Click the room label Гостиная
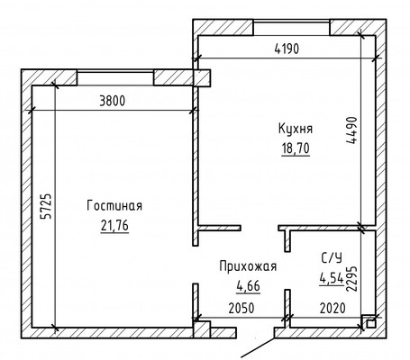click(x=114, y=206)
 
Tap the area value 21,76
click(x=114, y=226)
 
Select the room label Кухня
click(x=296, y=129)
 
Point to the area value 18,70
click(x=296, y=148)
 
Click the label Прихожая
click(x=248, y=266)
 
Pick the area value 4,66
click(x=248, y=285)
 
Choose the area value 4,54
click(x=332, y=279)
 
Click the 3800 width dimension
click(x=112, y=101)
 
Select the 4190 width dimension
click(x=287, y=49)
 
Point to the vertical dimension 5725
click(x=48, y=207)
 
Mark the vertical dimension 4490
click(x=352, y=130)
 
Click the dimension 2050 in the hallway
click(x=241, y=308)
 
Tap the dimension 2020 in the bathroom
click(x=333, y=308)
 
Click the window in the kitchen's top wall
click(x=292, y=28)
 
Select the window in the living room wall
click(x=115, y=78)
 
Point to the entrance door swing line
click(x=258, y=347)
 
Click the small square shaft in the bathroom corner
click(x=371, y=324)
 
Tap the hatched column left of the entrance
click(x=202, y=329)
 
